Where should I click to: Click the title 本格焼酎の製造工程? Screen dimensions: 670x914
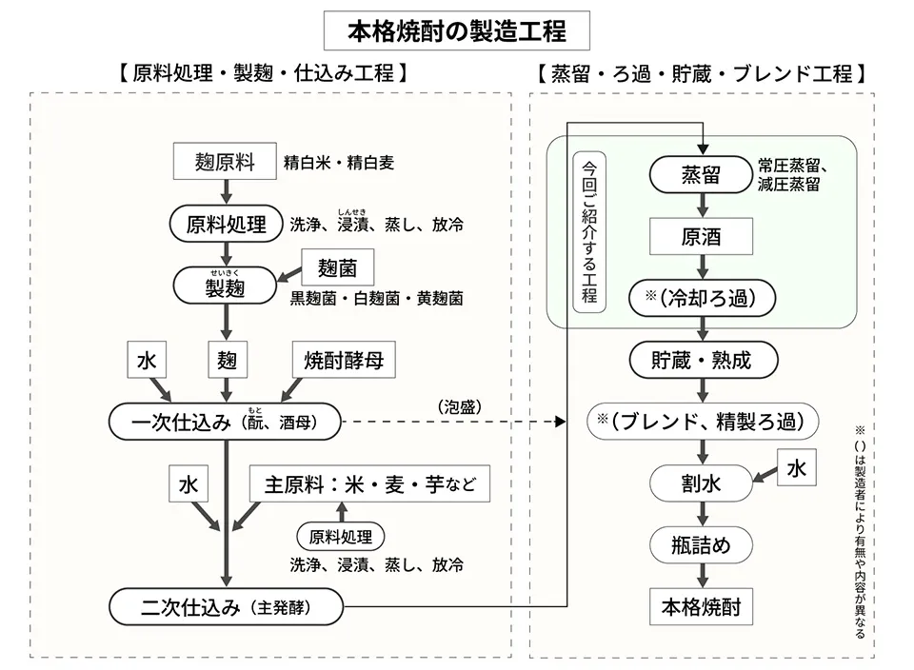[457, 31]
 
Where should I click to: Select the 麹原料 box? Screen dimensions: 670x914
[225, 162]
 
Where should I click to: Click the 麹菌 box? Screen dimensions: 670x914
[336, 267]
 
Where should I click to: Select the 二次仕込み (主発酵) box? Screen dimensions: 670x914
[225, 606]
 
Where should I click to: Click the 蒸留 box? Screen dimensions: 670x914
[701, 174]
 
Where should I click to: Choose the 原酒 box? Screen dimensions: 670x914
[701, 236]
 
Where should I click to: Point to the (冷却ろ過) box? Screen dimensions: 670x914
[701, 298]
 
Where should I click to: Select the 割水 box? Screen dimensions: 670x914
[701, 483]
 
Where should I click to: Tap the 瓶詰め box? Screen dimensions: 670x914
[701, 545]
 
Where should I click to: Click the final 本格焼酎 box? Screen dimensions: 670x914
[701, 606]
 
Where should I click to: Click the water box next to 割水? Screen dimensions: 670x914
[795, 467]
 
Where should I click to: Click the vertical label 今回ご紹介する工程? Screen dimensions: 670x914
[590, 230]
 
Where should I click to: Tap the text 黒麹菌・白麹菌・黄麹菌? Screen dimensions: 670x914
[377, 299]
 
